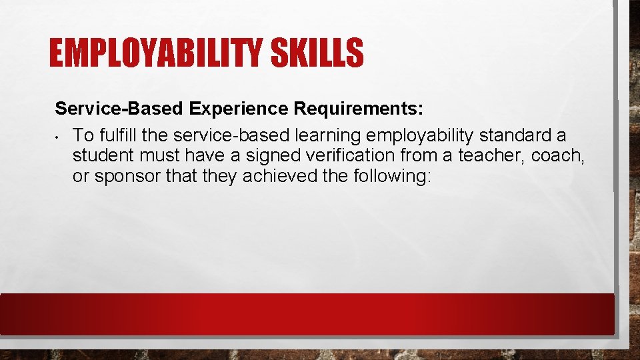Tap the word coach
click(557, 157)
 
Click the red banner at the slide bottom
click(307, 314)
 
